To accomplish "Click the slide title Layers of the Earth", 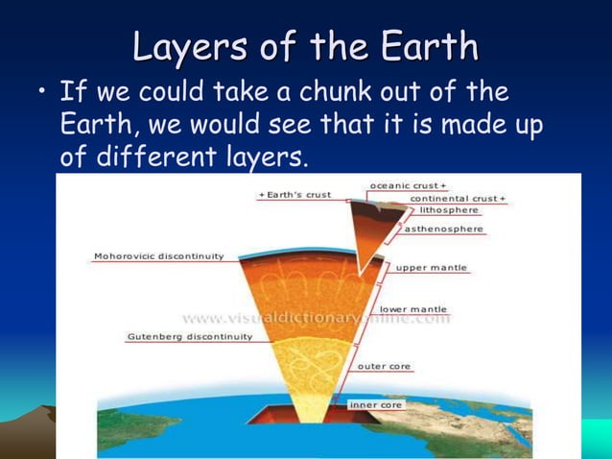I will coord(305,46).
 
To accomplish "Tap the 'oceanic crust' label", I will coord(408,184).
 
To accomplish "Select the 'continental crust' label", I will coord(458,198).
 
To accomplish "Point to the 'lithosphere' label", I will coord(449,210).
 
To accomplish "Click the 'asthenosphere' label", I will coord(442,229).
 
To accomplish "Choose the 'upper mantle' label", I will coord(432,267).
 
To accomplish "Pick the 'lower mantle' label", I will coord(413,309).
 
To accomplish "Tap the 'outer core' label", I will coord(385,366).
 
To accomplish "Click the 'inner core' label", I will coord(376,404).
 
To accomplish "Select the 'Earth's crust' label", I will coord(296,195).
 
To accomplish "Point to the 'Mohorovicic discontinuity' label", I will coord(158,256).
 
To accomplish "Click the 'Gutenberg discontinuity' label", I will coord(189,337).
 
